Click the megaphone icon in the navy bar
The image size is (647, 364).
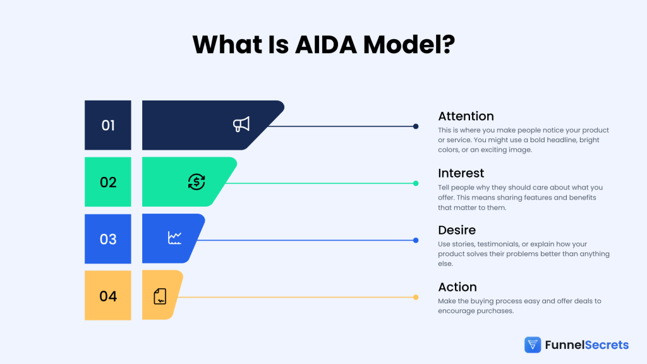click(x=241, y=124)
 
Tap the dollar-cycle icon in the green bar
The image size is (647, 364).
click(x=197, y=182)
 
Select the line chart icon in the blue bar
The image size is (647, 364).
click(x=175, y=238)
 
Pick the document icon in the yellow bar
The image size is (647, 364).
click(x=160, y=296)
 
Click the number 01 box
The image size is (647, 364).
click(x=108, y=125)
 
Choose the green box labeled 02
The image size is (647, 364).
click(x=108, y=182)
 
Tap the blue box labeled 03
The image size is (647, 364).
click(x=108, y=239)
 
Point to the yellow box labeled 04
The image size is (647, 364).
click(x=108, y=296)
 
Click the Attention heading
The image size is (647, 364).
click(x=466, y=116)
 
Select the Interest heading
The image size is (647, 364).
click(x=461, y=173)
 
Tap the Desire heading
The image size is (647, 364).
click(x=457, y=230)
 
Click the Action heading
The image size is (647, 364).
click(x=457, y=287)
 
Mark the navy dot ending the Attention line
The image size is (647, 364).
click(x=416, y=126)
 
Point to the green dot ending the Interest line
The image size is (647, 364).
click(x=416, y=183)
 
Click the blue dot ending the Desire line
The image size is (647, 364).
click(x=416, y=240)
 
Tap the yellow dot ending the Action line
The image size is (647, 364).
click(x=416, y=297)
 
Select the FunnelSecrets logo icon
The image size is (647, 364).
click(x=533, y=344)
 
